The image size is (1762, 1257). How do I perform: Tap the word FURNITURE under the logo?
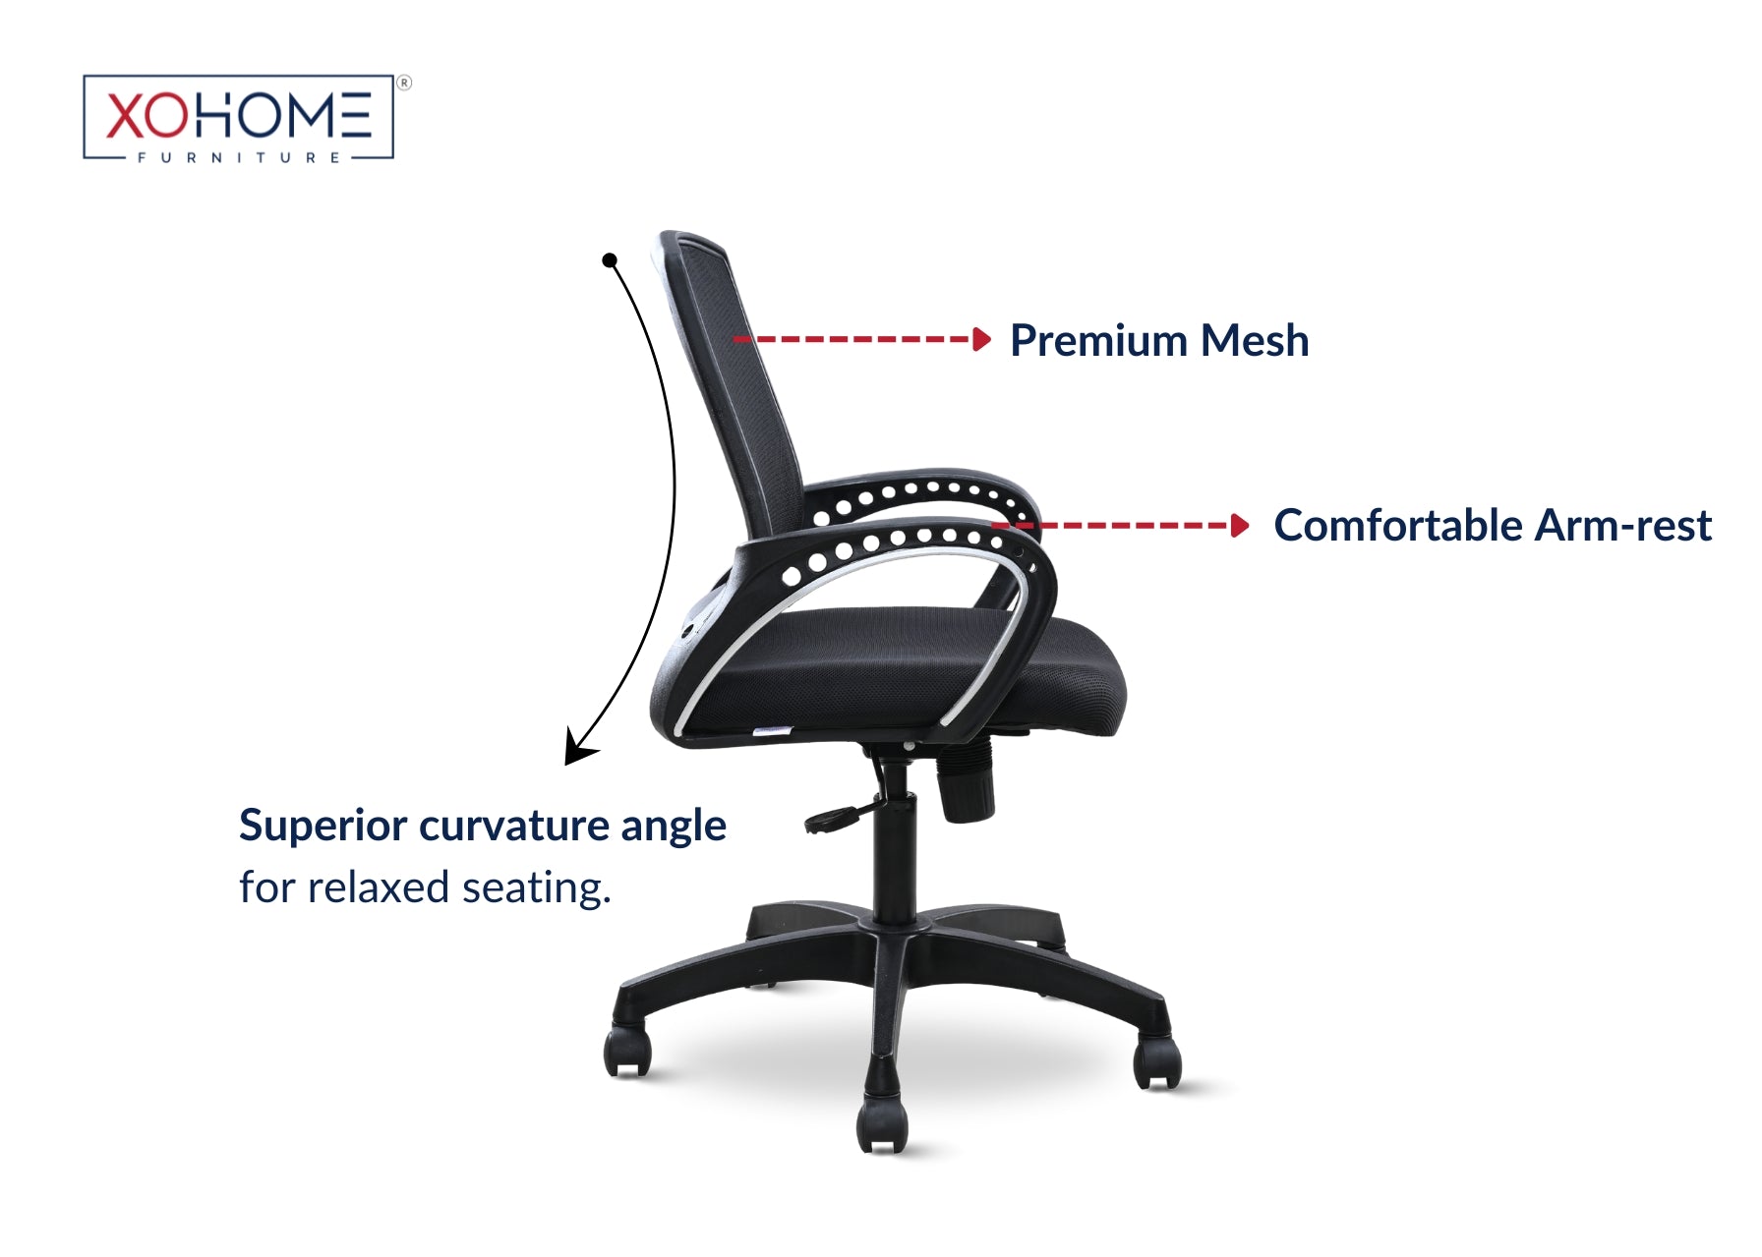point(239,157)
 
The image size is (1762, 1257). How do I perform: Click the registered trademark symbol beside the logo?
point(404,84)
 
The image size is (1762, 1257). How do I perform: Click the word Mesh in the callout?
point(1255,341)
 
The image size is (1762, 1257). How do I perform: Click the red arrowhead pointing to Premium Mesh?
point(981,339)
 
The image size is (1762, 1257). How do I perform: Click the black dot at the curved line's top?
point(610,260)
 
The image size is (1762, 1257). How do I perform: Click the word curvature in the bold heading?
point(514,826)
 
